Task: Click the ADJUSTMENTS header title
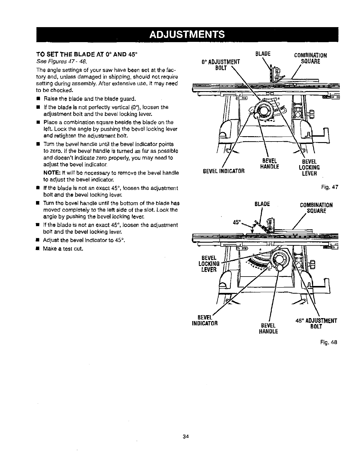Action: [187, 34]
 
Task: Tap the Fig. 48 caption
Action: [328, 342]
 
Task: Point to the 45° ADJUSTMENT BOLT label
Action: [315, 324]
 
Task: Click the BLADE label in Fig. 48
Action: [262, 204]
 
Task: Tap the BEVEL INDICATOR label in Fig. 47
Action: [223, 171]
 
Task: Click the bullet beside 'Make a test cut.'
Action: [38, 249]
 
